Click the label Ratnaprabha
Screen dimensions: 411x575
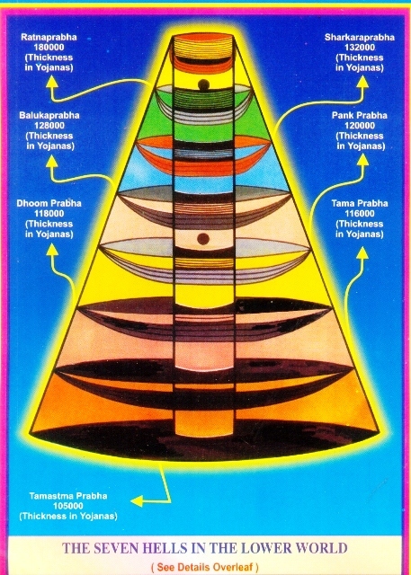[x=49, y=37]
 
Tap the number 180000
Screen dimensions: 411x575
[x=49, y=47]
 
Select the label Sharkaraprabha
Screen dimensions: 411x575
[x=360, y=37]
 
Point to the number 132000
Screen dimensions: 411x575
[x=360, y=47]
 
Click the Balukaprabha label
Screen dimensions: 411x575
[x=49, y=115]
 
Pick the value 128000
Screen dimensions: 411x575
[x=49, y=126]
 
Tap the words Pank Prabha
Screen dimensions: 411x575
[x=360, y=115]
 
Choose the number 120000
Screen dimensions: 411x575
[x=360, y=126]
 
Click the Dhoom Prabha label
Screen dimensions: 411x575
[x=49, y=203]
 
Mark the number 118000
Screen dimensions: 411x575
[x=49, y=214]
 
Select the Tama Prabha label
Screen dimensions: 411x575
[x=360, y=203]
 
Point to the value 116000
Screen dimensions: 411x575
[x=360, y=214]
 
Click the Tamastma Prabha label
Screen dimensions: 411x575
[x=68, y=496]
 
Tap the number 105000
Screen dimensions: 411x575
[x=68, y=506]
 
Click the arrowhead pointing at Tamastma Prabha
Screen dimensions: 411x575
[x=137, y=501]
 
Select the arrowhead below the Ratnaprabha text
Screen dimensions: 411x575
[x=52, y=82]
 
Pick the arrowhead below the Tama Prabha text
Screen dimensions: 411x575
[x=362, y=252]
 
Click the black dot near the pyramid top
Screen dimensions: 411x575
[x=203, y=84]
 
